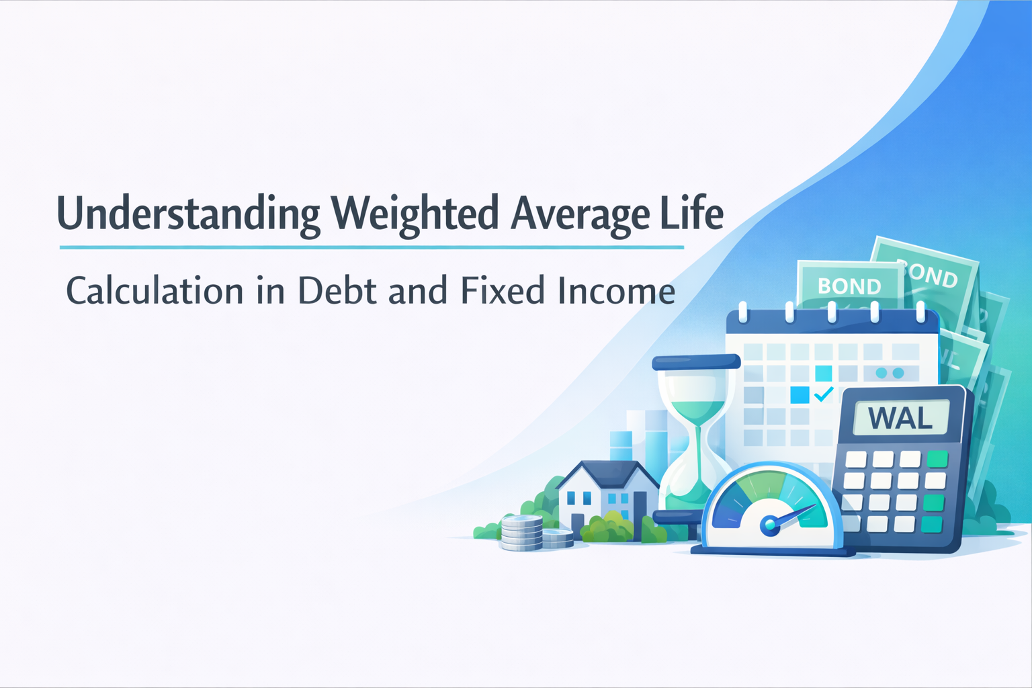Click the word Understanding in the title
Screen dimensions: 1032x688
[x=188, y=214]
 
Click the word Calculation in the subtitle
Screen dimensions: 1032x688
[x=155, y=290]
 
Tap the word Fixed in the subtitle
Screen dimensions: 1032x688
[x=503, y=290]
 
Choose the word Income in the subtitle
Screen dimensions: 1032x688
[x=616, y=290]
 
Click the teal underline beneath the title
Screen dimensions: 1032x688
[x=372, y=247]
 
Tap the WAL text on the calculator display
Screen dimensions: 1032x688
[x=900, y=418]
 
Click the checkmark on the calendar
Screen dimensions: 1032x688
[x=824, y=394]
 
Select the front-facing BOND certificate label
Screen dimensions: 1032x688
[x=849, y=286]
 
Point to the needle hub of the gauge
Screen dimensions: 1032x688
[x=769, y=524]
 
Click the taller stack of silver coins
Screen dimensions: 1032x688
[x=521, y=533]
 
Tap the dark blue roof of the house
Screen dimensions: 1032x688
[x=608, y=474]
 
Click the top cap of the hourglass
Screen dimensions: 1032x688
[x=695, y=362]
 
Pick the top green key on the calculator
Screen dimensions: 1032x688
[x=937, y=459]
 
